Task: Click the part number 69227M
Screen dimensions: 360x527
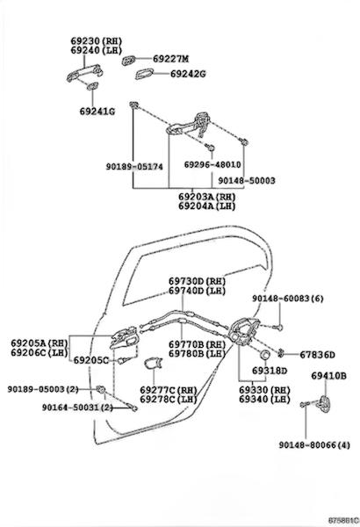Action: (x=170, y=59)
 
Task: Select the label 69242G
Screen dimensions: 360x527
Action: (x=188, y=74)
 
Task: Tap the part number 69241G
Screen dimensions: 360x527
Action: (x=97, y=112)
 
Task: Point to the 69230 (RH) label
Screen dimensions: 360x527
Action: (x=96, y=41)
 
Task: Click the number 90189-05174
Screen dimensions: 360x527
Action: (x=134, y=167)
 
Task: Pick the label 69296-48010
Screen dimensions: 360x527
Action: (x=212, y=165)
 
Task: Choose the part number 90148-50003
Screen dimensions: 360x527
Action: (x=247, y=181)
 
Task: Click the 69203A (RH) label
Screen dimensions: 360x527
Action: (x=206, y=197)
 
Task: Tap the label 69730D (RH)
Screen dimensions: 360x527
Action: (x=197, y=281)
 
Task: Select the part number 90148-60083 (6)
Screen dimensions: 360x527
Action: (x=288, y=299)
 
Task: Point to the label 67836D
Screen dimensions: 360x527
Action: (x=317, y=355)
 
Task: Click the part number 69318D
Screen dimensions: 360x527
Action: (x=270, y=371)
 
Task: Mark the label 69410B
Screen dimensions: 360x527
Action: (x=328, y=376)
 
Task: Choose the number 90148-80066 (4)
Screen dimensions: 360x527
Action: (x=314, y=445)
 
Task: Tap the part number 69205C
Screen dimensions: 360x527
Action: (x=91, y=360)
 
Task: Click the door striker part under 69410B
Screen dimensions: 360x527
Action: (x=324, y=403)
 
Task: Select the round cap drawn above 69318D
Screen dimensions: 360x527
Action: (x=265, y=354)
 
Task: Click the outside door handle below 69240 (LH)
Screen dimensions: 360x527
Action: (x=84, y=73)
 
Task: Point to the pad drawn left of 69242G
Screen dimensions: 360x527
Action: (x=144, y=74)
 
